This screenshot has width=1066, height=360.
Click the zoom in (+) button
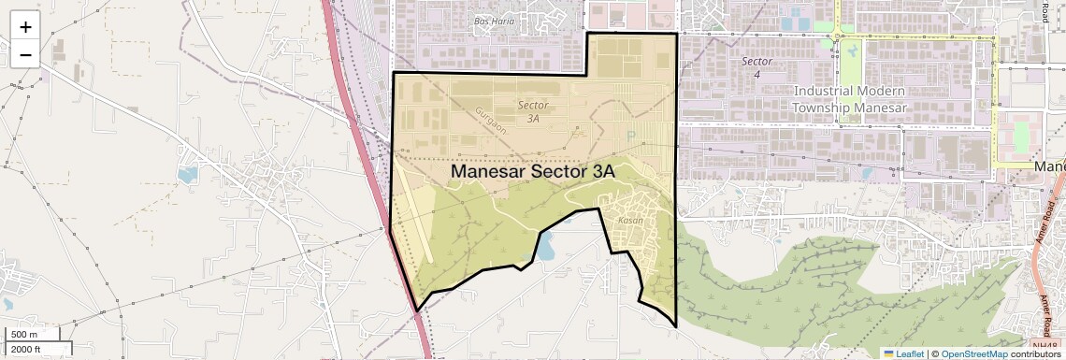coord(25,27)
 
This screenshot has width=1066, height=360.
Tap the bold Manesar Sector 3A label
coord(532,172)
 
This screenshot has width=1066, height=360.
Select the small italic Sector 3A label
coord(533,112)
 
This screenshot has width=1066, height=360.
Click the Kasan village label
coord(630,221)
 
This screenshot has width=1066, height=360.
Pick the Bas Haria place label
coord(494,21)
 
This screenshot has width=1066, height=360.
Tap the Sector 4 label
coord(756,67)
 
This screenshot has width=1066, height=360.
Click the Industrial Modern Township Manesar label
coord(849,99)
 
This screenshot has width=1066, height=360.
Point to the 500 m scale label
coord(25,335)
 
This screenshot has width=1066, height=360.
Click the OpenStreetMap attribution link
coord(973,353)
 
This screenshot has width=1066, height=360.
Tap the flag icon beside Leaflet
coord(889,353)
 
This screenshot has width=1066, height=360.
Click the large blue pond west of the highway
coord(187,174)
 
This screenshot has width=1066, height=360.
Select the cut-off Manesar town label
coord(1051,166)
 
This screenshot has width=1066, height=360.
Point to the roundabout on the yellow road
coord(839,37)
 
